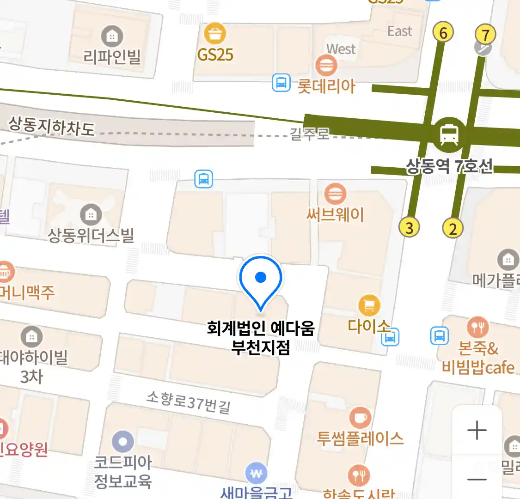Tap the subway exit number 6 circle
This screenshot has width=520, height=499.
point(443,33)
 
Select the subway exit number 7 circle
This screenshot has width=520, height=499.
point(485,35)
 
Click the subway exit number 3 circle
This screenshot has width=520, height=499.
point(409,227)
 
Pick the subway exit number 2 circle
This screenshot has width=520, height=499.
point(453,228)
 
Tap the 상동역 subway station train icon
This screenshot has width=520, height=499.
point(449,134)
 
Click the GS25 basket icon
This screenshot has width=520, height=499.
point(215,33)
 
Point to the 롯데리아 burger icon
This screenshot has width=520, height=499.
point(326,65)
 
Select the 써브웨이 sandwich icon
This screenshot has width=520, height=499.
point(335,194)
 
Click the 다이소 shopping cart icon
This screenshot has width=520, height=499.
point(369,305)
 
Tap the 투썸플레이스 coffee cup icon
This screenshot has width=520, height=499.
point(360,418)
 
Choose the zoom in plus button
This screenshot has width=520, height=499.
point(477,430)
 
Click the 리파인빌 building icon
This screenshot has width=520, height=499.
point(112,36)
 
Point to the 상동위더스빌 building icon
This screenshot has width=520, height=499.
point(91,214)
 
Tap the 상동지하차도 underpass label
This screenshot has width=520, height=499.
point(52,126)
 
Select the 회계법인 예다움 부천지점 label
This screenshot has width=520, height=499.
point(261,338)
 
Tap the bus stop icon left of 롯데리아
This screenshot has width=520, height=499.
point(281,83)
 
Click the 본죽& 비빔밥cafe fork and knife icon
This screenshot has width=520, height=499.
point(477,327)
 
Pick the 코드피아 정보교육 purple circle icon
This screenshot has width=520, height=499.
point(123,442)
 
